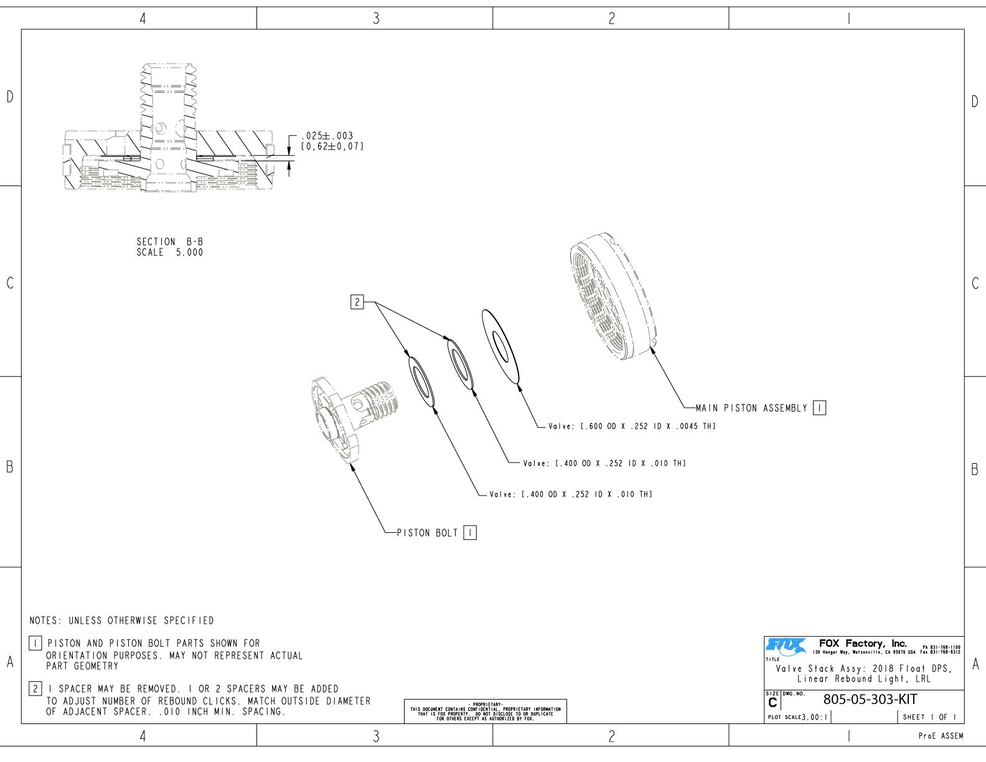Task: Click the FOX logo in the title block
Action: click(786, 646)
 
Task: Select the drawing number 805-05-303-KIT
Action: click(870, 699)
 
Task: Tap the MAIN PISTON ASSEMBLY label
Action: click(751, 408)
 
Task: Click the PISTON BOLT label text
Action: click(428, 533)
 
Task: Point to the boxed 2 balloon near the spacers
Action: click(357, 303)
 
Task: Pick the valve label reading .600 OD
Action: click(632, 426)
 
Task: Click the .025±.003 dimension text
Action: click(327, 136)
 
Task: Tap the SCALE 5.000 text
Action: click(170, 252)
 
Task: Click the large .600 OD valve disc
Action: click(500, 346)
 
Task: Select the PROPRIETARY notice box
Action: click(486, 711)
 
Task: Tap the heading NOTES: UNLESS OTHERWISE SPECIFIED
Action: click(121, 621)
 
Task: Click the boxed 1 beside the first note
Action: click(35, 643)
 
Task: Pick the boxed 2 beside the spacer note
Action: click(35, 689)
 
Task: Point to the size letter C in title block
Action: click(772, 703)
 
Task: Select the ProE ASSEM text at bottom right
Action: click(941, 736)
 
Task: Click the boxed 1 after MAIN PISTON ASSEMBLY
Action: click(820, 408)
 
